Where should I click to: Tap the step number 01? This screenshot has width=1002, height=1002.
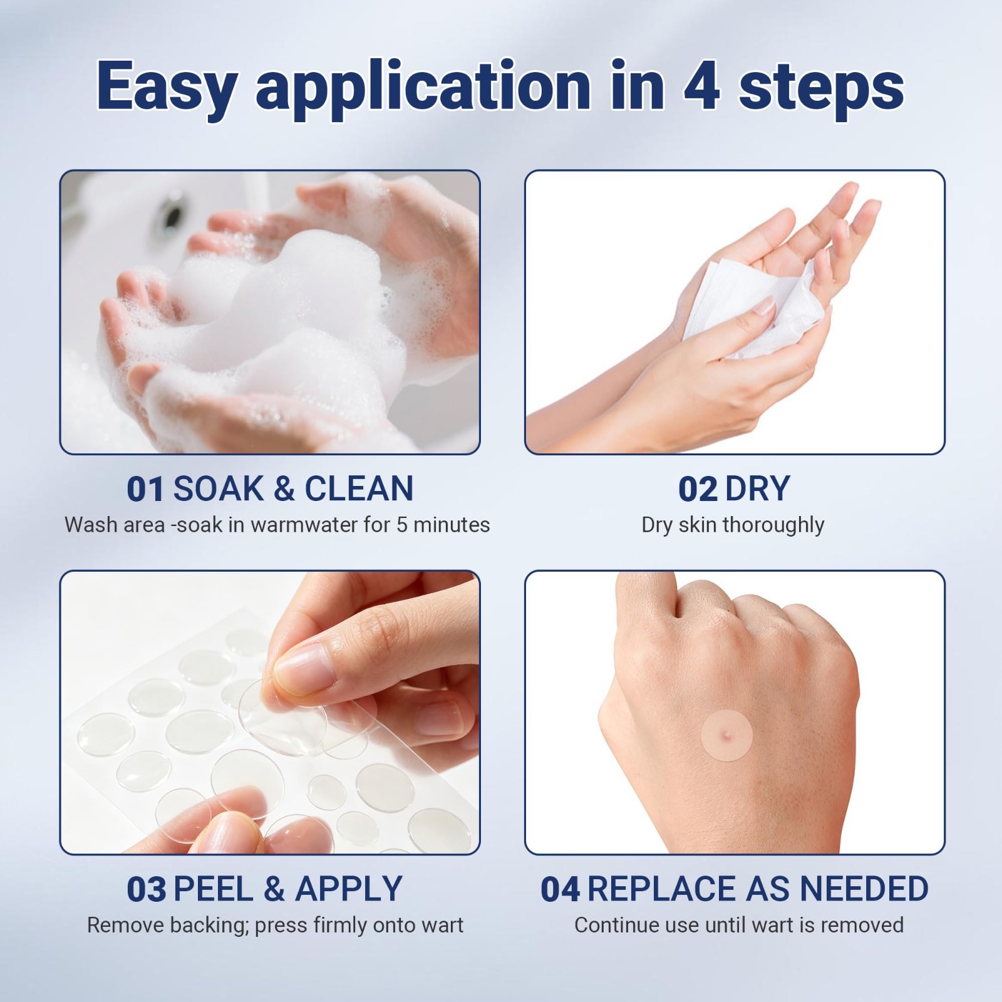(x=146, y=489)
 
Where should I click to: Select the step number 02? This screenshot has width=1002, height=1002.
(x=698, y=489)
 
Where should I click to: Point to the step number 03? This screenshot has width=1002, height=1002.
(x=147, y=889)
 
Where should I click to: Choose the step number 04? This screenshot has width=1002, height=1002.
(x=560, y=889)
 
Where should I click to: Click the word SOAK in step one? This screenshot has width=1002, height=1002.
(x=218, y=489)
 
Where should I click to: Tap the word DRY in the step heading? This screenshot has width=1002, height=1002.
(x=757, y=489)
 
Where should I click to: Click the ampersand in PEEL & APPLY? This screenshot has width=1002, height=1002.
(x=275, y=889)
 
